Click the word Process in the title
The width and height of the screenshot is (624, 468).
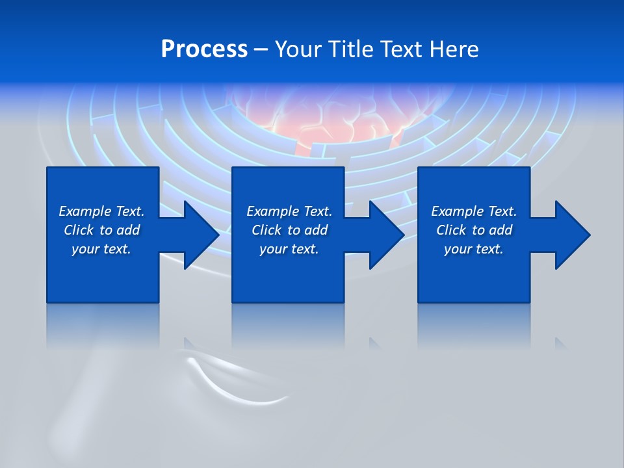pos(204,49)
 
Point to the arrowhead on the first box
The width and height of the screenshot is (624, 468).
pos(201,235)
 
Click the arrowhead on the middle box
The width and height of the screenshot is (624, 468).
pos(386,235)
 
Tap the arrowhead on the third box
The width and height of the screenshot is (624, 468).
pos(572,235)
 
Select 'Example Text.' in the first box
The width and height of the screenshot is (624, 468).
pos(101,211)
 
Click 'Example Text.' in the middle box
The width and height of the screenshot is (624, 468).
pos(289,211)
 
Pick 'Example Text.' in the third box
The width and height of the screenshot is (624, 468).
pos(474,211)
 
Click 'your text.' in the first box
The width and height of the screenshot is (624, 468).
pos(101,249)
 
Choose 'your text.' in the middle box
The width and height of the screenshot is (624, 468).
pos(289,249)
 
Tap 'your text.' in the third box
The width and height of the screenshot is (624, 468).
pos(474,249)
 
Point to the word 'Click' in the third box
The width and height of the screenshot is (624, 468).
pos(451,230)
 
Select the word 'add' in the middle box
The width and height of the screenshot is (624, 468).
pos(316,230)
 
